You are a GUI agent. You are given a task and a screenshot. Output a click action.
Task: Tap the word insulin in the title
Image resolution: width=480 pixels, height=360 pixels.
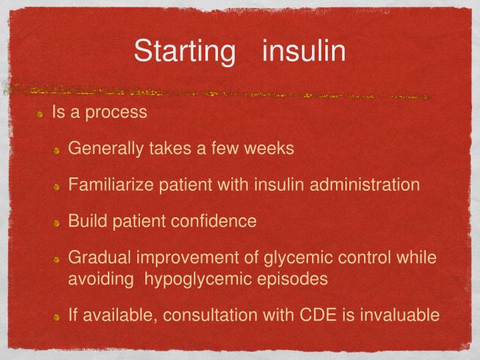(x=304, y=51)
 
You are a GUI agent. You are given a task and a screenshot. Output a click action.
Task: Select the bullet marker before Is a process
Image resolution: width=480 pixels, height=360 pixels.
(x=41, y=113)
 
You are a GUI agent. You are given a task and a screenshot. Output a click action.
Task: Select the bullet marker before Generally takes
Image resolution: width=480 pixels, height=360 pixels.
(x=58, y=150)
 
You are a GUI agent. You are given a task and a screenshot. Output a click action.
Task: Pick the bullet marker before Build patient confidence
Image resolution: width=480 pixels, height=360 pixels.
(x=58, y=223)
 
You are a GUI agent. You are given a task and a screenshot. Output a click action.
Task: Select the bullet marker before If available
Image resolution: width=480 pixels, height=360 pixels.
(x=58, y=316)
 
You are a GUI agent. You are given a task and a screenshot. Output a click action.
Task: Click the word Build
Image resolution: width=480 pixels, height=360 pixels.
(x=84, y=221)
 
